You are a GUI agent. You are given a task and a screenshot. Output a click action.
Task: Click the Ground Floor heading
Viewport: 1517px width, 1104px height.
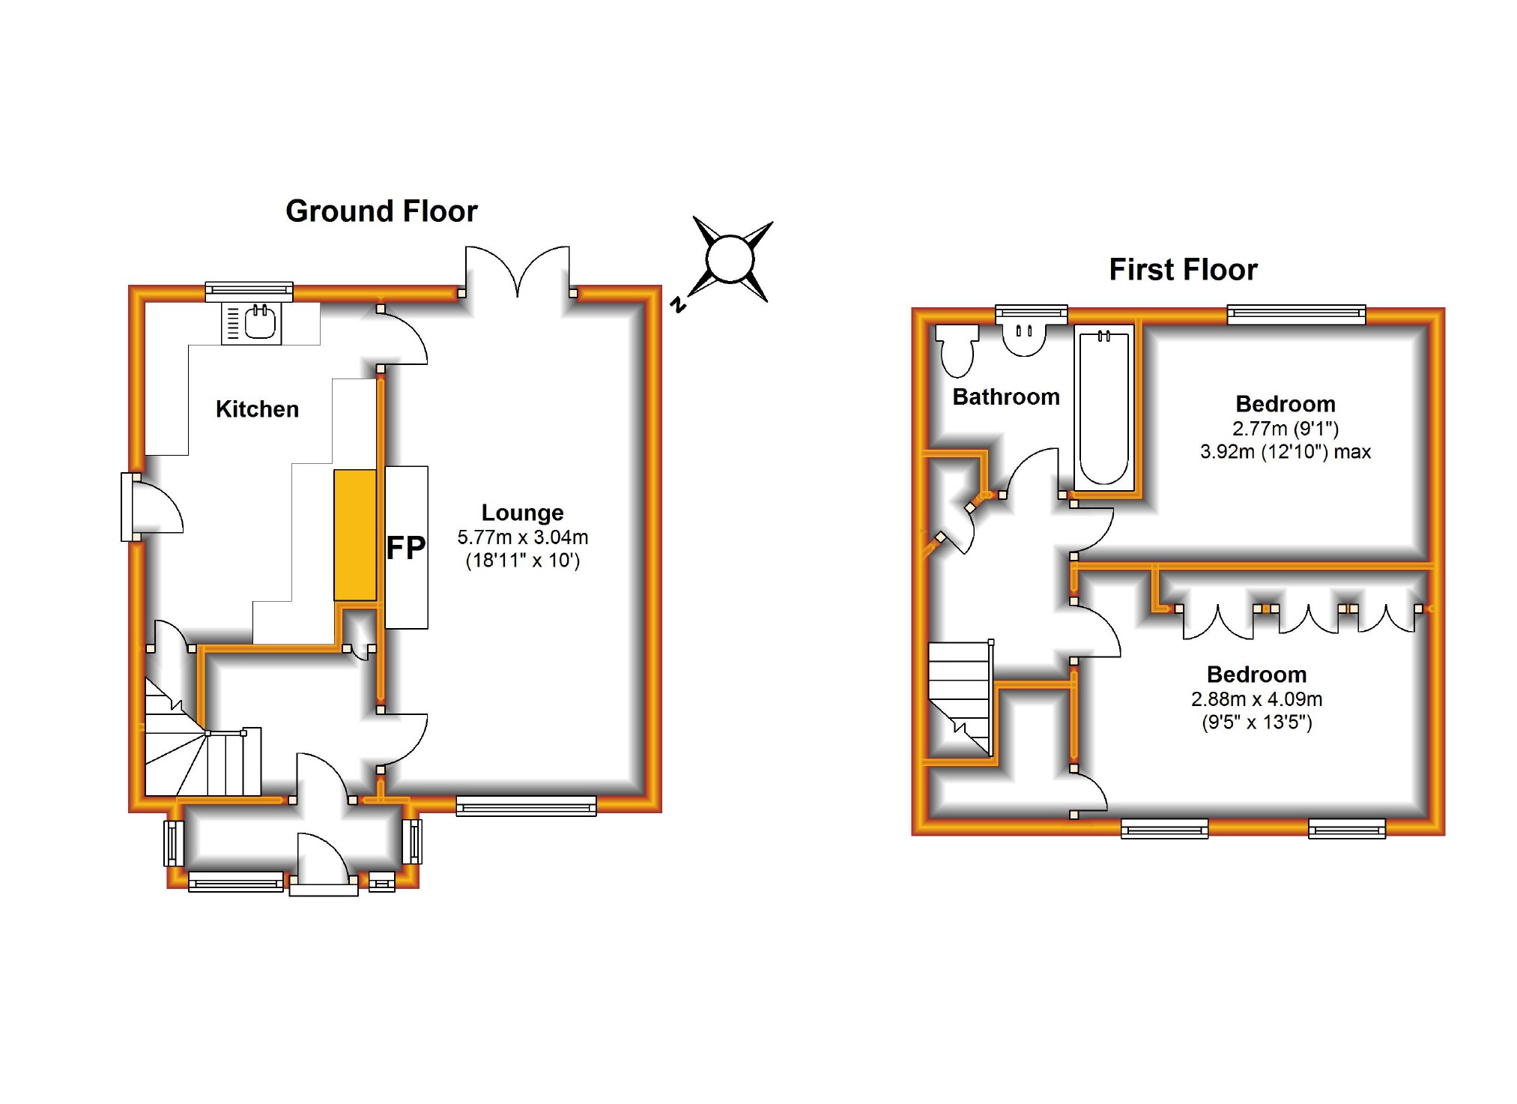pyautogui.click(x=381, y=211)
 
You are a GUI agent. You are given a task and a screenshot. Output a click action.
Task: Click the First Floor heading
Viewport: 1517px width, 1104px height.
pyautogui.click(x=1183, y=270)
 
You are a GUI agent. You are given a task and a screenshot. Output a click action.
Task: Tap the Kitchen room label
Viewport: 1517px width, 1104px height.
pyautogui.click(x=257, y=409)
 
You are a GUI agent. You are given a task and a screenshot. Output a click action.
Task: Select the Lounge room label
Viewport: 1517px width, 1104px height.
pyautogui.click(x=522, y=513)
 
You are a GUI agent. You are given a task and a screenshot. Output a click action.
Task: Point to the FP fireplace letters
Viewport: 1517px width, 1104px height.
pyautogui.click(x=405, y=548)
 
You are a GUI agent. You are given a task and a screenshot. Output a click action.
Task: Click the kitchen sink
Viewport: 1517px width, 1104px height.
pyautogui.click(x=252, y=323)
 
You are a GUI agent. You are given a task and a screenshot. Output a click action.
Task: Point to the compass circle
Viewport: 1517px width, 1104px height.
pyautogui.click(x=730, y=260)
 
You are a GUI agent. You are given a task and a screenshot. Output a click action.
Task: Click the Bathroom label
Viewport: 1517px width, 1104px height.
pyautogui.click(x=1006, y=396)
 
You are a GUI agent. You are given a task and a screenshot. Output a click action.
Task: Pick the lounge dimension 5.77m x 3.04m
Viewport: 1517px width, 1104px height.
pyautogui.click(x=523, y=537)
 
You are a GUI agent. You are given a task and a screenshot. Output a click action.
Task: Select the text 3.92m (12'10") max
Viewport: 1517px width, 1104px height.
pyautogui.click(x=1286, y=452)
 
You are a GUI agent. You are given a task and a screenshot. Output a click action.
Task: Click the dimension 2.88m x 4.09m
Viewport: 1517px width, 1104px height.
pyautogui.click(x=1256, y=699)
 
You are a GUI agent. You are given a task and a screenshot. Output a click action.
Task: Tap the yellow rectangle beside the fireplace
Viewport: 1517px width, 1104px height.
pyautogui.click(x=355, y=535)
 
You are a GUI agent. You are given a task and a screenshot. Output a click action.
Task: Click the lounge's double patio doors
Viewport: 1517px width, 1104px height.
pyautogui.click(x=518, y=271)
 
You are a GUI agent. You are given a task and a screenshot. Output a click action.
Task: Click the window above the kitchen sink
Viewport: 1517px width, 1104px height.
pyautogui.click(x=249, y=292)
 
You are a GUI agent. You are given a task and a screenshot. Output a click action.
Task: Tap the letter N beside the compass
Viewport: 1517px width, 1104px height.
pyautogui.click(x=678, y=304)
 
